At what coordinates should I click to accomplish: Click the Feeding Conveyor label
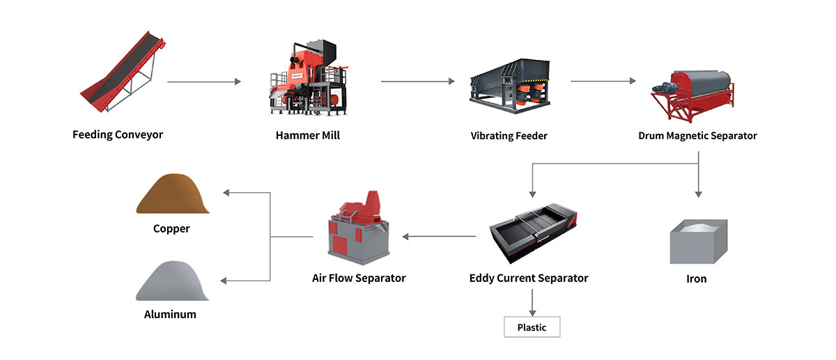(118, 134)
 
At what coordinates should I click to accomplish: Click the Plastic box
(532, 327)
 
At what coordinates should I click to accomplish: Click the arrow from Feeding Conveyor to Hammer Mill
(204, 82)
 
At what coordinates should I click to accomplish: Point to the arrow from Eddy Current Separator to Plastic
(532, 301)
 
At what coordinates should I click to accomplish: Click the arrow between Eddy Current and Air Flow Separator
(439, 237)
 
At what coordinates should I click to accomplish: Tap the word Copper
(171, 228)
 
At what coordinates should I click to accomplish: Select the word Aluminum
(170, 314)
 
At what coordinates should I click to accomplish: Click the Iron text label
(696, 279)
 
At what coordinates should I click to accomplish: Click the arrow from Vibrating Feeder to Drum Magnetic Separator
(603, 81)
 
